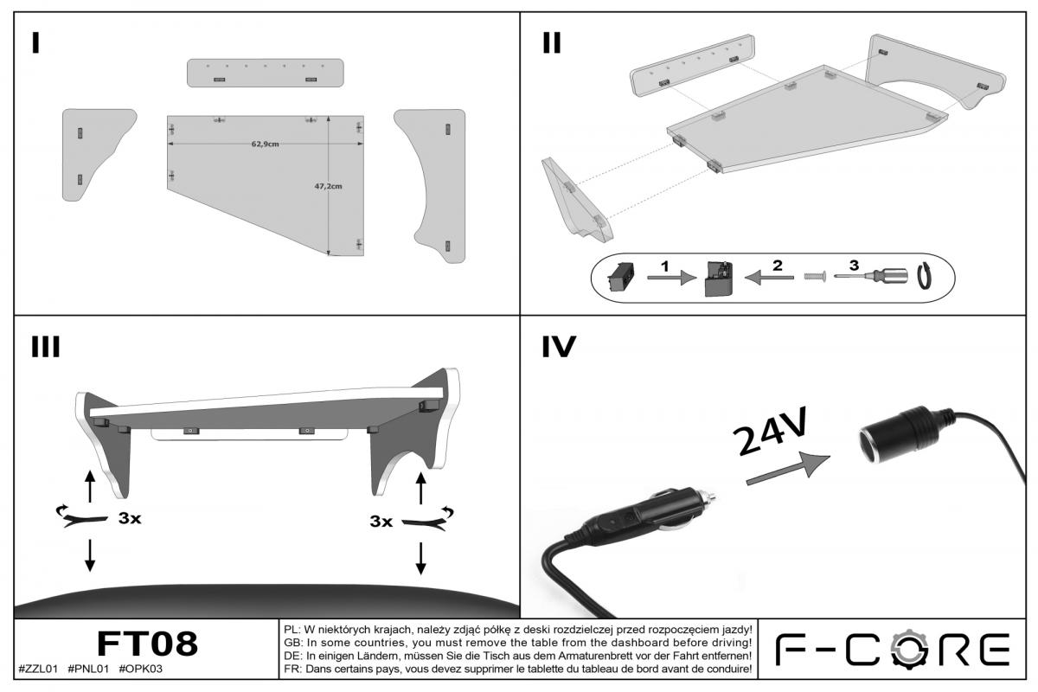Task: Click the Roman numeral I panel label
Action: [35, 42]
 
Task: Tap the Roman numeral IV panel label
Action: [559, 346]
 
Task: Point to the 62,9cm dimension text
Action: [266, 144]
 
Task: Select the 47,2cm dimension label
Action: [328, 185]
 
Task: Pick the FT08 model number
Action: [147, 644]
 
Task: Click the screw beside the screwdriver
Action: [814, 278]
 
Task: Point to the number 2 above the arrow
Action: [777, 266]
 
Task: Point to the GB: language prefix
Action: [292, 643]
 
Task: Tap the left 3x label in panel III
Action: [131, 519]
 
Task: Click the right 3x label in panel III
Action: [381, 522]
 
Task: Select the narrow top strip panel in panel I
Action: [265, 73]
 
